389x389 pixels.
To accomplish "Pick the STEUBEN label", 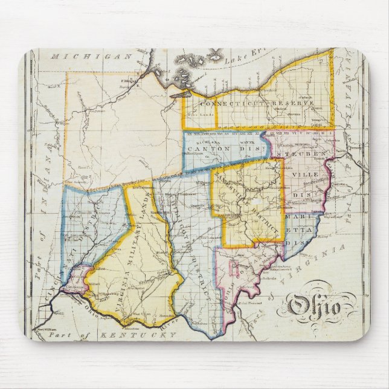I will click(302, 155).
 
